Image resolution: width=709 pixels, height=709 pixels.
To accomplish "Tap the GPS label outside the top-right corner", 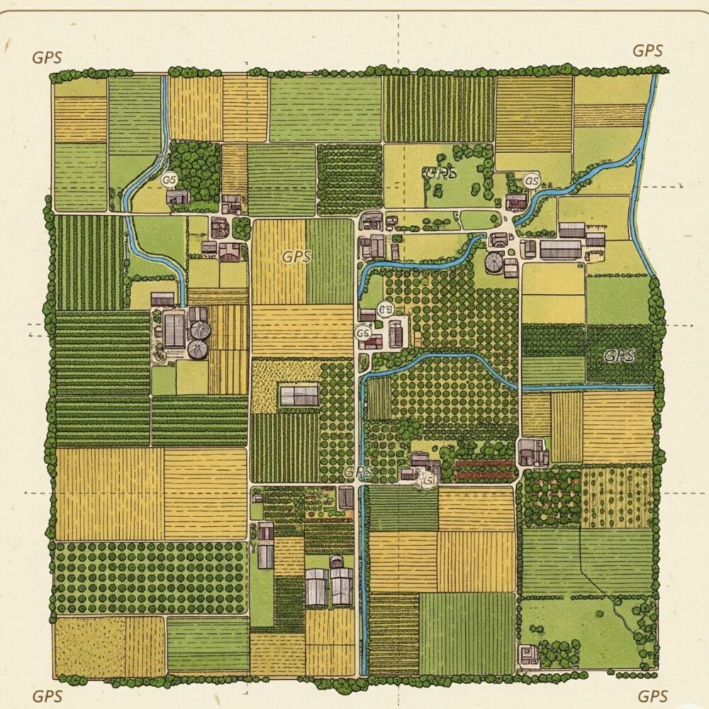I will (x=647, y=51).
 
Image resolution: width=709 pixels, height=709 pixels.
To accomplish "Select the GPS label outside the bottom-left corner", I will (x=48, y=696).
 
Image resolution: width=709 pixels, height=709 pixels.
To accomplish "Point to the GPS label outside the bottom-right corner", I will (x=653, y=696).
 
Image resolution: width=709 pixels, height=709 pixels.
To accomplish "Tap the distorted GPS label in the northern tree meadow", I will (x=438, y=172).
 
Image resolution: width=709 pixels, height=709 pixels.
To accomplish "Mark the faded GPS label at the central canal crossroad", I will (x=358, y=471).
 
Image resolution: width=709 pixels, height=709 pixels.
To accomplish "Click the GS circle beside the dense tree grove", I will (x=169, y=181).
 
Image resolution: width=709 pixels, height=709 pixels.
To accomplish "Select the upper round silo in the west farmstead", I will (x=201, y=330).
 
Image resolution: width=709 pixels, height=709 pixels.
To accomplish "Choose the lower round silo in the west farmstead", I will (x=198, y=349).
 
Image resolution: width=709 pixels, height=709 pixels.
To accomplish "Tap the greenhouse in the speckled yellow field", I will (x=299, y=396).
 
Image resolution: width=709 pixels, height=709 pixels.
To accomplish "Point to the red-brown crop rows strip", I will (x=484, y=468).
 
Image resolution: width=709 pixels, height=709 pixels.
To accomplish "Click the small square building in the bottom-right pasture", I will (x=527, y=654).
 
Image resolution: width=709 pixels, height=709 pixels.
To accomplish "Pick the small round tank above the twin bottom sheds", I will (x=337, y=562).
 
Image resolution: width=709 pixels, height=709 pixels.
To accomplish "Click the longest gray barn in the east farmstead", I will (x=560, y=249).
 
